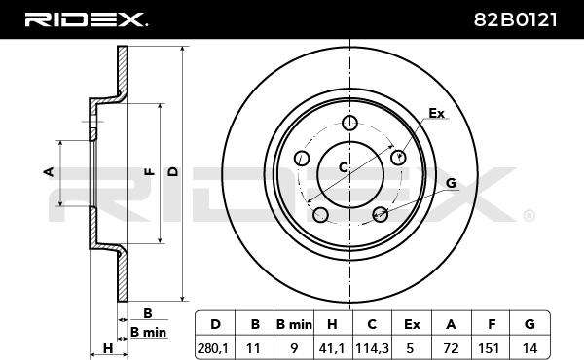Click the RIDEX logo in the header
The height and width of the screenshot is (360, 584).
click(86, 19)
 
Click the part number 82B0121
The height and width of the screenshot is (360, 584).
click(516, 19)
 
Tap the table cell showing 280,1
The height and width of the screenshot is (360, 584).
click(214, 349)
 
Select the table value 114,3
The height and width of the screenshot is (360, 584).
click(372, 349)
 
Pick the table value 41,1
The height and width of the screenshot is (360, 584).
click(332, 349)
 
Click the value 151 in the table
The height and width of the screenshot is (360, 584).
click(489, 349)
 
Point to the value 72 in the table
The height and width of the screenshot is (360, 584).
click(451, 349)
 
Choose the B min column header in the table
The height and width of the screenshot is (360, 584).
click(294, 325)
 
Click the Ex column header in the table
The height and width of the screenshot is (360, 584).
click(412, 325)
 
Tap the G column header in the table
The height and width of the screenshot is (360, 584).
click(529, 324)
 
